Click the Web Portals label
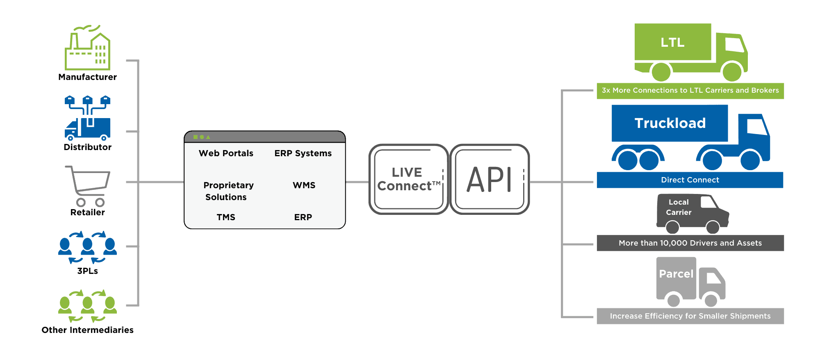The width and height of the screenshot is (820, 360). (x=226, y=153)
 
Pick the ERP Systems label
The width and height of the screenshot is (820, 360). (x=303, y=153)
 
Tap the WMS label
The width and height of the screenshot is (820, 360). (x=304, y=185)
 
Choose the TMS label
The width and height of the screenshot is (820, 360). (x=226, y=217)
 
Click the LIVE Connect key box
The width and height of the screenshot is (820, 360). (x=408, y=179)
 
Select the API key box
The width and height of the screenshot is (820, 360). (x=490, y=179)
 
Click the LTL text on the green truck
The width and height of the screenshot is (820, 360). (x=672, y=42)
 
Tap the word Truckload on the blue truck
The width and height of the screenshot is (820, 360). (x=670, y=123)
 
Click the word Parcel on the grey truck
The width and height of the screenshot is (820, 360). (x=676, y=274)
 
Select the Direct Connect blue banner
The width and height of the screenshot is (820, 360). (x=690, y=180)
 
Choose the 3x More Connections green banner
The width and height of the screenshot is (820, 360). (x=690, y=91)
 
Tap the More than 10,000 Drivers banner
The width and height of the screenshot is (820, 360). (x=690, y=243)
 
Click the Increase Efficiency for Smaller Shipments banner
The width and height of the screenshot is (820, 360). (x=690, y=316)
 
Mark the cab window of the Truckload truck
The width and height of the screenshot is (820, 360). (x=756, y=127)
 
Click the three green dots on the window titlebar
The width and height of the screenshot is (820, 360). (x=201, y=137)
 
